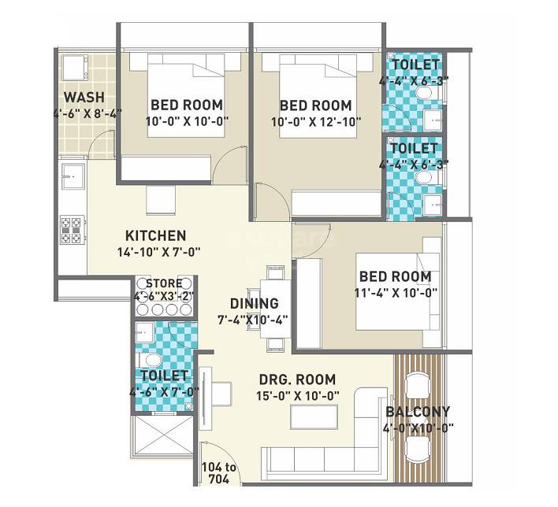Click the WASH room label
[84, 97]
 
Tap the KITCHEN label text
[155, 235]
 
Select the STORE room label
[162, 283]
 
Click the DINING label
[254, 303]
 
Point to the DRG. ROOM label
[297, 379]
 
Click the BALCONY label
[418, 411]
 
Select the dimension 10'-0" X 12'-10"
[315, 122]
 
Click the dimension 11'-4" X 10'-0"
[395, 292]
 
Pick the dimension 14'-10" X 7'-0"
[155, 253]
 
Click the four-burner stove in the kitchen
[69, 229]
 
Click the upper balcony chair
[417, 385]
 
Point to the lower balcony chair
[417, 447]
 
